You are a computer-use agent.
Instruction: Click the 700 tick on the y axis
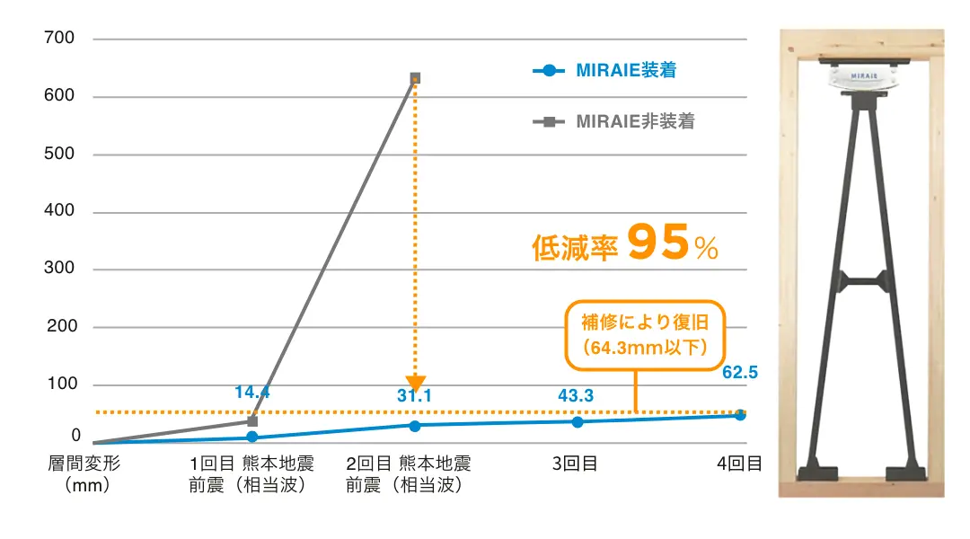pyautogui.click(x=60, y=39)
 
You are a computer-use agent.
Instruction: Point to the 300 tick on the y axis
pyautogui.click(x=60, y=269)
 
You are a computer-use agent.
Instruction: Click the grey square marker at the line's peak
pyautogui.click(x=415, y=78)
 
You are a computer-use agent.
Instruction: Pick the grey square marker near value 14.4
pyautogui.click(x=252, y=420)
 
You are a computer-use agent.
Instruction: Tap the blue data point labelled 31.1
pyautogui.click(x=414, y=426)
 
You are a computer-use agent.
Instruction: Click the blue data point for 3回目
pyautogui.click(x=578, y=422)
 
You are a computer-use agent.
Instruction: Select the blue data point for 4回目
pyautogui.click(x=740, y=415)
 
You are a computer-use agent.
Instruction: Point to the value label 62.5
pyautogui.click(x=740, y=373)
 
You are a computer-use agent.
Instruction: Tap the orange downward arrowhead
pyautogui.click(x=415, y=384)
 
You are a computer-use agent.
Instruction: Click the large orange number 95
pyautogui.click(x=659, y=243)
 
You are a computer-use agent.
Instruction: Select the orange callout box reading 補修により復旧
pyautogui.click(x=643, y=334)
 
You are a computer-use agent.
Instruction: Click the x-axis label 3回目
pyautogui.click(x=576, y=464)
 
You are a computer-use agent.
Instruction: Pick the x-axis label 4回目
pyautogui.click(x=740, y=464)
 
